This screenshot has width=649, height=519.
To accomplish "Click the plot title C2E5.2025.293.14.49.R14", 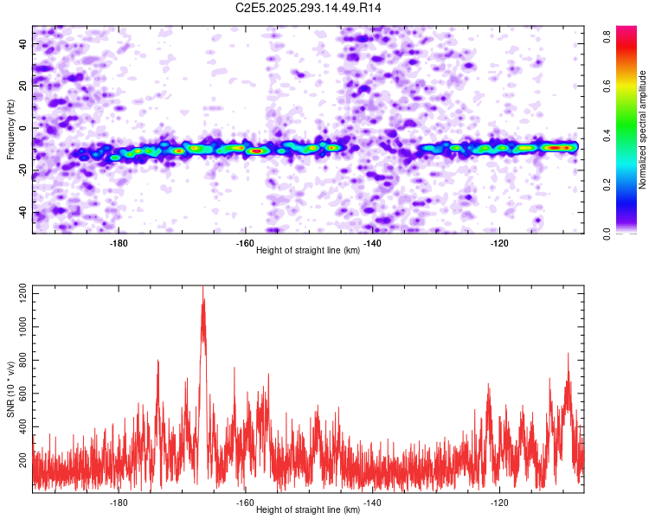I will (x=309, y=8).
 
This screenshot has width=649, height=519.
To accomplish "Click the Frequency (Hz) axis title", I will (x=10, y=128).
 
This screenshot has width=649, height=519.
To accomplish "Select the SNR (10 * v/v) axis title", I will (x=10, y=388).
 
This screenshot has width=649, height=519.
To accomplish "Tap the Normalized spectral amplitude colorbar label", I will (x=643, y=130).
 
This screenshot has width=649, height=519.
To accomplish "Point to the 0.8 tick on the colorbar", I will (x=609, y=36).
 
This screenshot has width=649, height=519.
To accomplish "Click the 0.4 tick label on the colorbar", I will (x=609, y=135).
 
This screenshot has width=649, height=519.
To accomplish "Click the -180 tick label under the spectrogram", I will (x=119, y=243).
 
